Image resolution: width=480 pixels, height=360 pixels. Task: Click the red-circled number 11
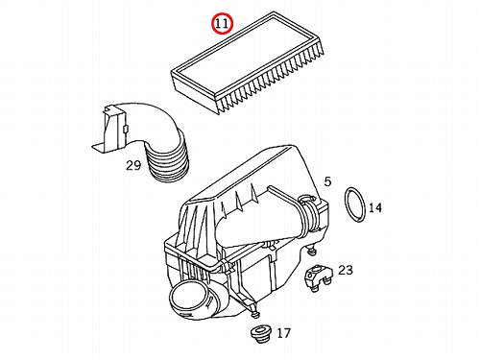222,24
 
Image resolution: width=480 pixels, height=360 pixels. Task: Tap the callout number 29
133,165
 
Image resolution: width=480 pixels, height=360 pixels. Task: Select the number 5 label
327,181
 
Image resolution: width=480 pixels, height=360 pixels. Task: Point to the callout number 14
375,207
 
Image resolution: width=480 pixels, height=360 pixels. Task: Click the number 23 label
346,270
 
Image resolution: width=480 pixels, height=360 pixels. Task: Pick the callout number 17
283,333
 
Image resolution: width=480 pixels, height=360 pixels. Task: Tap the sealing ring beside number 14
355,204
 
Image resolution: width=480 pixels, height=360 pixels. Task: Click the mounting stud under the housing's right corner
311,251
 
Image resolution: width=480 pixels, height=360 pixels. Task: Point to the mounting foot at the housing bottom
255,312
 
